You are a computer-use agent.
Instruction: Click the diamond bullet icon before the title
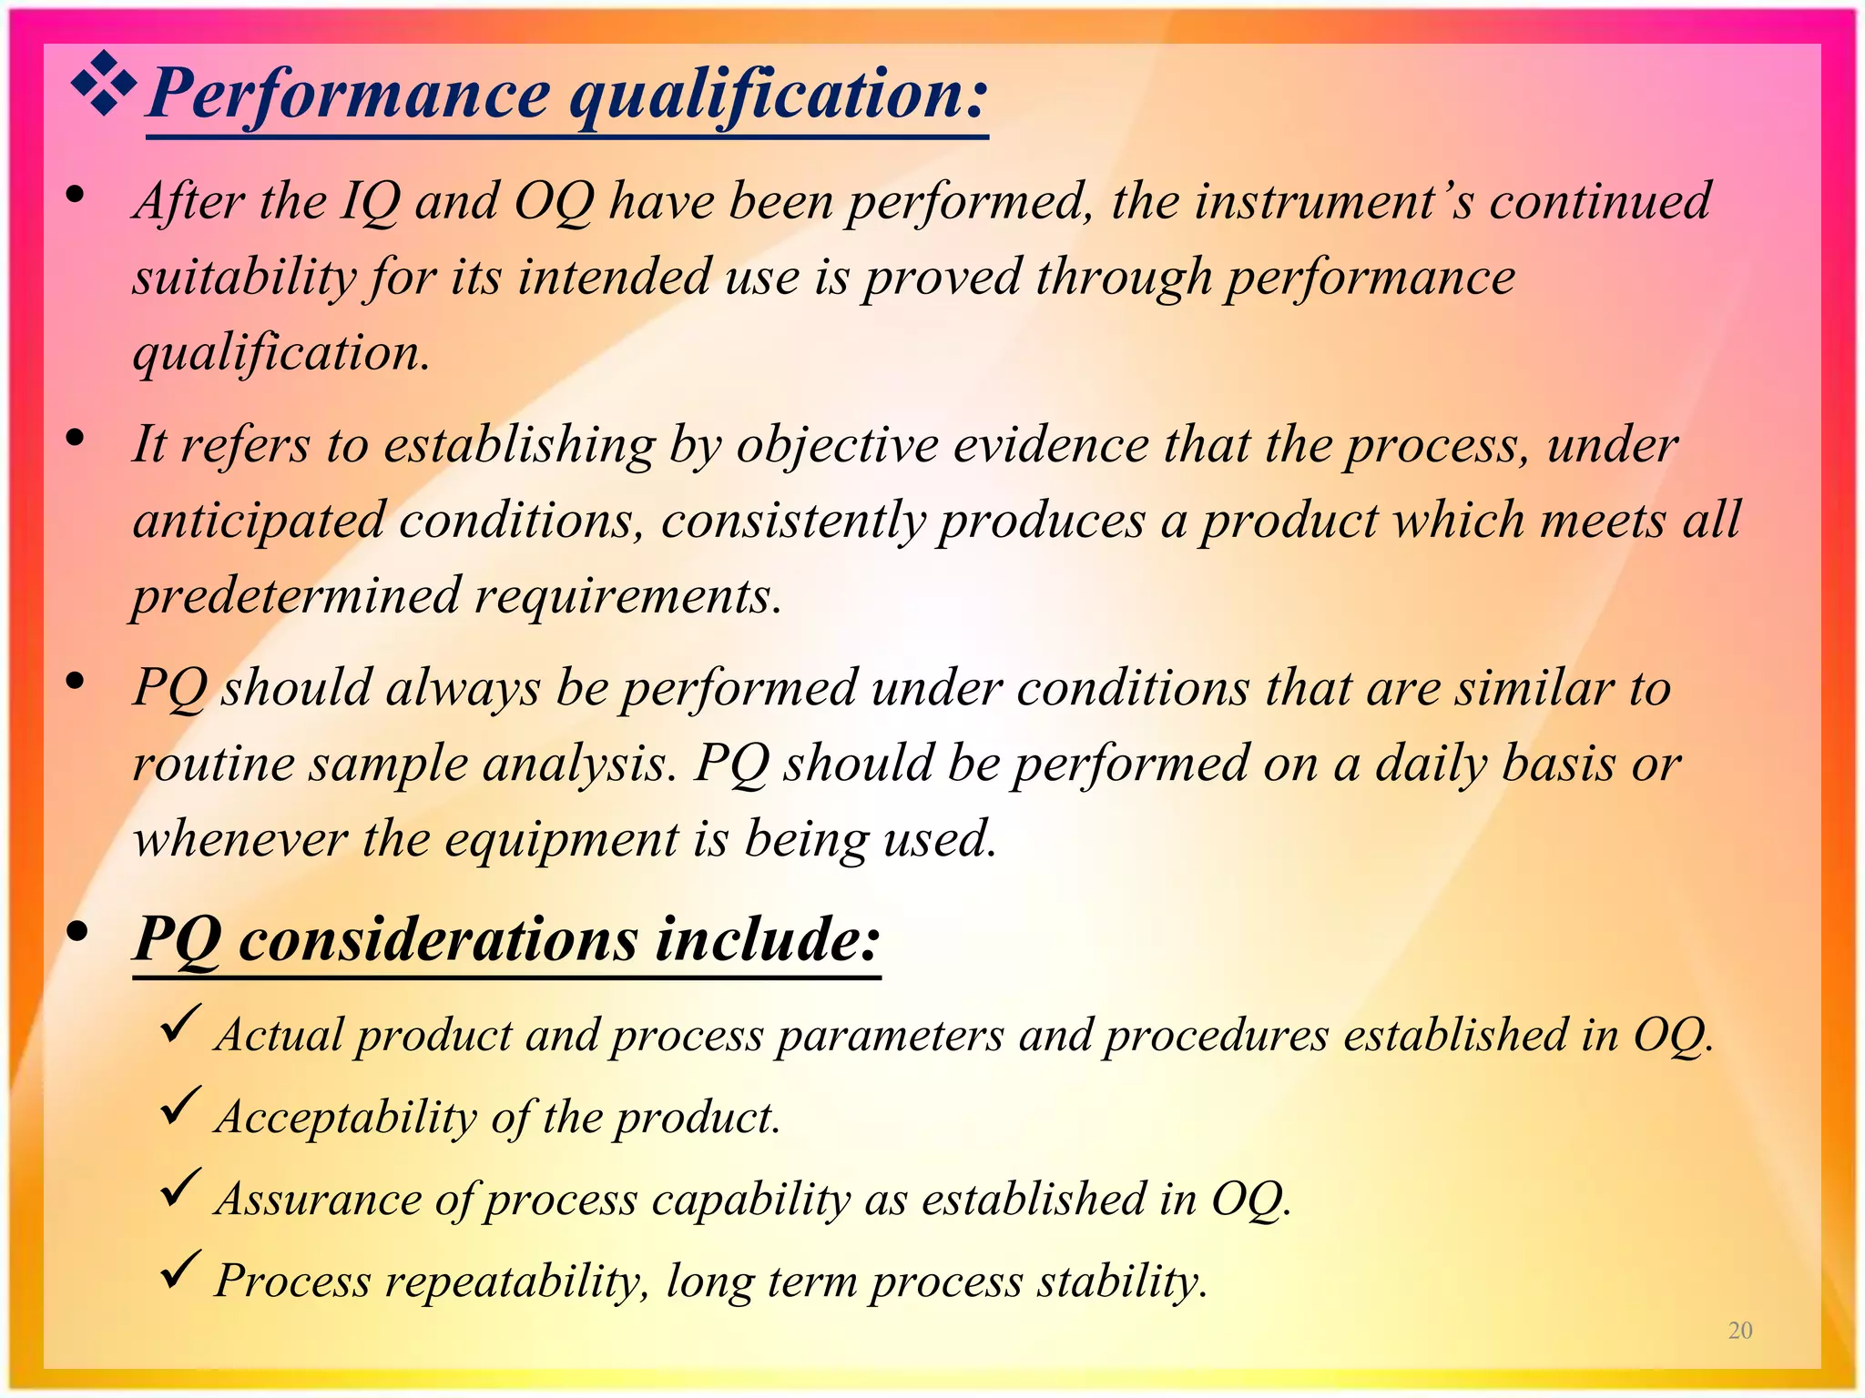(104, 85)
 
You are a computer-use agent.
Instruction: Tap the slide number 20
(1739, 1331)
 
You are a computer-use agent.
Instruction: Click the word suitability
(243, 278)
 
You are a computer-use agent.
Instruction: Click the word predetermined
(296, 596)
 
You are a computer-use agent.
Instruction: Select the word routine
(213, 763)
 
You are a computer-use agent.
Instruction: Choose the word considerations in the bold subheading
(438, 939)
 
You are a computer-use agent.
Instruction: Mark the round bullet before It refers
(76, 439)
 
